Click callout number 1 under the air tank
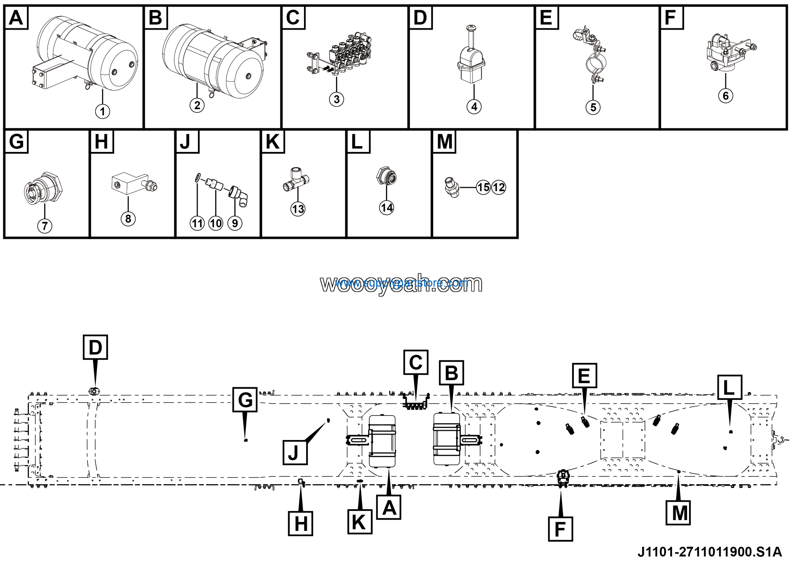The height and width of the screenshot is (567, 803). [103, 112]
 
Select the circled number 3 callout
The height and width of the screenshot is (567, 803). [337, 100]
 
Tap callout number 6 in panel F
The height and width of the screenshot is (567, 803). [725, 96]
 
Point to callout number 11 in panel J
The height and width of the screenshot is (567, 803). [197, 223]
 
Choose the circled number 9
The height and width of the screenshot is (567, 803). [235, 223]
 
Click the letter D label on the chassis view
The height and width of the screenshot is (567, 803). [95, 347]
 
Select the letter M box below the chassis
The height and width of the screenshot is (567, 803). [678, 513]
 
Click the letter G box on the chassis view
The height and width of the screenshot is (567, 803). [245, 400]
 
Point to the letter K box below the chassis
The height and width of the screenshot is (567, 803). [359, 522]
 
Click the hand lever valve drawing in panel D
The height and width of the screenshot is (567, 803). [471, 56]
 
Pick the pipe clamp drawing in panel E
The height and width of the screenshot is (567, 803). [591, 58]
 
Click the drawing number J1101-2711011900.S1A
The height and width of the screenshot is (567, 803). [710, 552]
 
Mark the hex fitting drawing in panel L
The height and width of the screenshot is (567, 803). [386, 176]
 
